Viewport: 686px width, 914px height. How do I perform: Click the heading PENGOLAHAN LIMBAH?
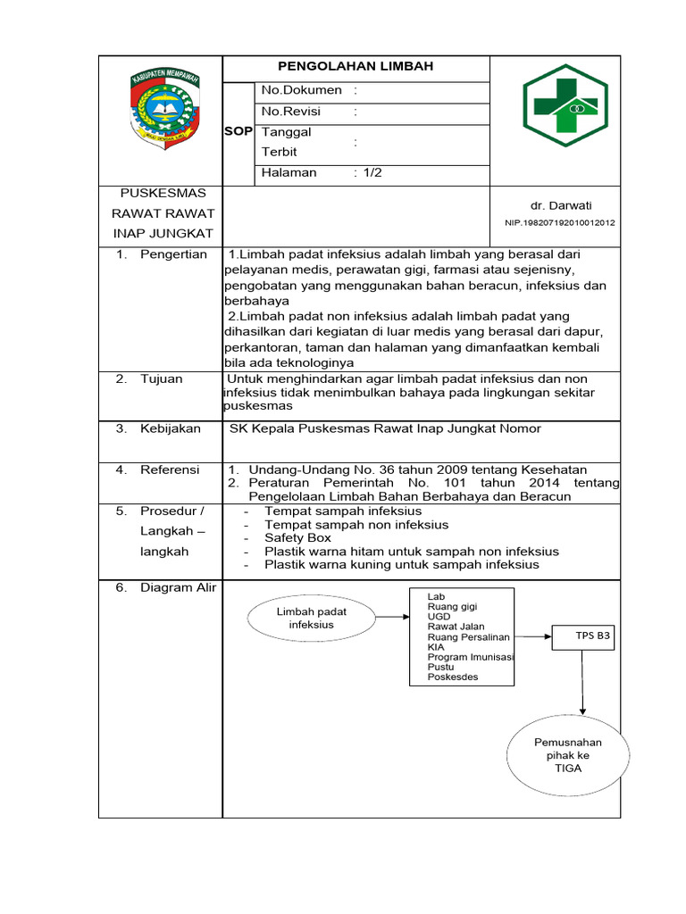(x=356, y=67)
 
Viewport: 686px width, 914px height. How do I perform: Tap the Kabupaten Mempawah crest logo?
(x=161, y=110)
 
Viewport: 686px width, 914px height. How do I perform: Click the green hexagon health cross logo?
(x=564, y=105)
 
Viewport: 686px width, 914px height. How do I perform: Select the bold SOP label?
(x=238, y=131)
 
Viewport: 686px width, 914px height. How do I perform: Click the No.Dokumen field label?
(x=301, y=90)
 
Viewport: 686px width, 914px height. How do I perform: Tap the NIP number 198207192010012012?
(x=559, y=223)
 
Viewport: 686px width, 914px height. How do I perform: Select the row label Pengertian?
(x=173, y=254)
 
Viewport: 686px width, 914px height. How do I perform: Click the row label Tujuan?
(x=161, y=379)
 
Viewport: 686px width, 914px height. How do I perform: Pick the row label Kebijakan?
(x=170, y=429)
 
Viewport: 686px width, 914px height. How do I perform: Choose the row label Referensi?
(x=170, y=469)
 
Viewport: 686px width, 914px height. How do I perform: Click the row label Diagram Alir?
(x=178, y=588)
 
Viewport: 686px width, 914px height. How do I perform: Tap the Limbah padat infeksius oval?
(x=311, y=618)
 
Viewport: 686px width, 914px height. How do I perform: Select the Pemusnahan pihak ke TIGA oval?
(x=567, y=755)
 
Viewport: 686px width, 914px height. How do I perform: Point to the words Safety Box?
(x=297, y=538)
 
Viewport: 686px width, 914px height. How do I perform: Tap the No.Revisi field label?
(x=290, y=112)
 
